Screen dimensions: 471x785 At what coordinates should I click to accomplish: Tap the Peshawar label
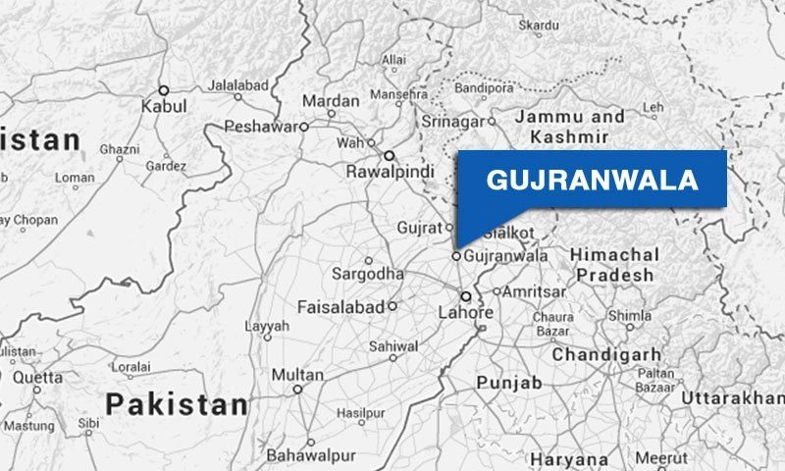(259, 127)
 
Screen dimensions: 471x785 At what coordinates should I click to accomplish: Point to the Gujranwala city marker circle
(456, 256)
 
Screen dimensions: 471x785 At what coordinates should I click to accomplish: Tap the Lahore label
(467, 313)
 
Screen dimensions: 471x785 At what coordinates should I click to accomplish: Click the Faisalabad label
(341, 306)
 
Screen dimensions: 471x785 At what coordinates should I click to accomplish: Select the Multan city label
(296, 375)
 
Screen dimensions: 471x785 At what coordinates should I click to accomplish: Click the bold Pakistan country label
(177, 403)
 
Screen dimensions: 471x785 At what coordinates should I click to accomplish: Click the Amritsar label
(535, 292)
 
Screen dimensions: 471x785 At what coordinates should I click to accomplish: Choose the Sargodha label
(367, 272)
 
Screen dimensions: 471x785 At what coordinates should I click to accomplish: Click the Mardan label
(331, 101)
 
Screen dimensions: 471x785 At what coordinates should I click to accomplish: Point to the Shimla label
(629, 316)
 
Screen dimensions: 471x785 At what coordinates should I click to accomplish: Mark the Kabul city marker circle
(164, 89)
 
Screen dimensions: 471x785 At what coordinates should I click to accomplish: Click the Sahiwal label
(392, 345)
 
